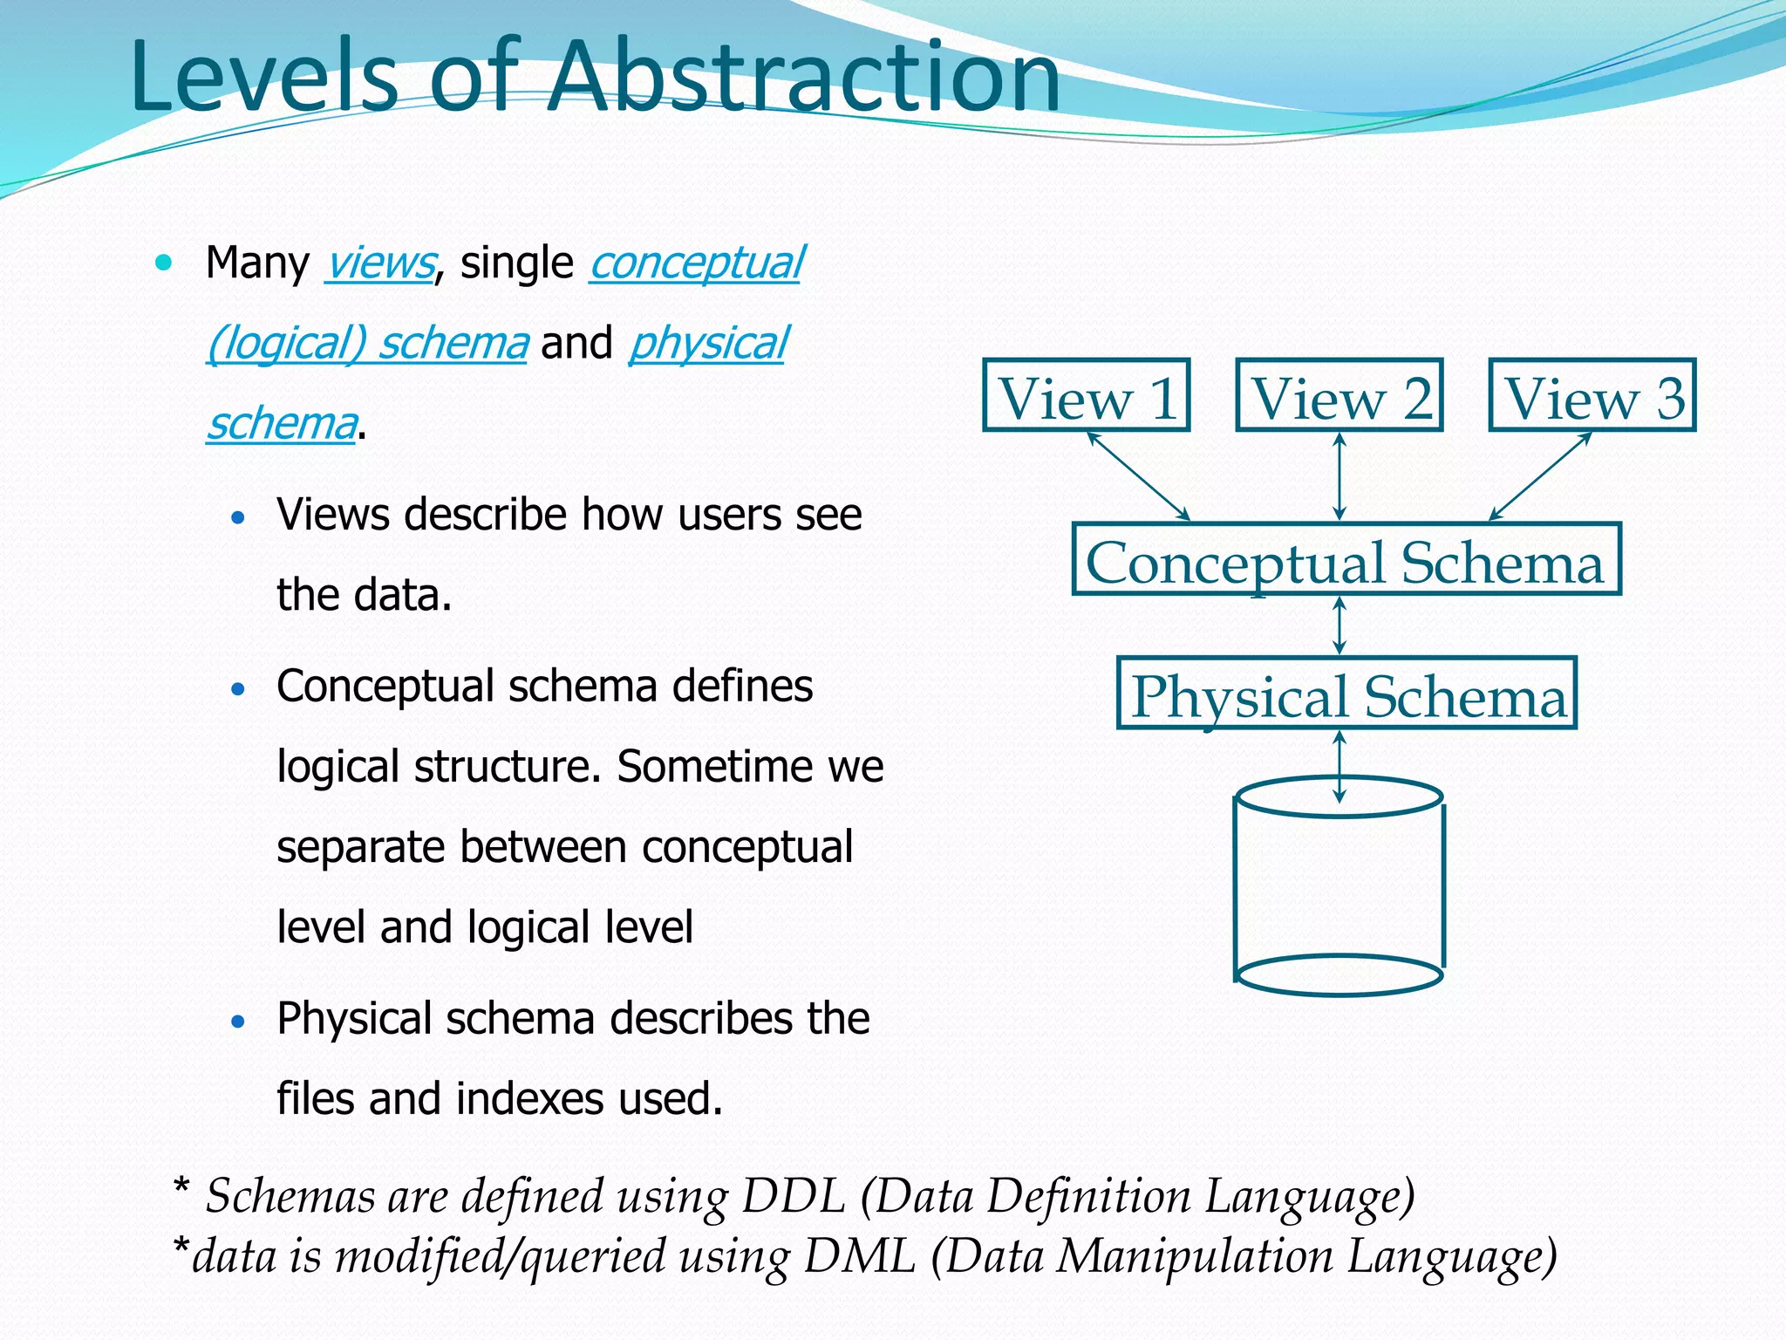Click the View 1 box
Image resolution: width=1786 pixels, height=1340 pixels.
(x=1086, y=395)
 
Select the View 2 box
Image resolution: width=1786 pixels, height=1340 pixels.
(x=1339, y=395)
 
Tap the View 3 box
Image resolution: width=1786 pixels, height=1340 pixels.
(x=1592, y=395)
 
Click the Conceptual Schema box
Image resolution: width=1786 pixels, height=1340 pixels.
(x=1346, y=560)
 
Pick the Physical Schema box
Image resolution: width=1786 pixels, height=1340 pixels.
(x=1346, y=694)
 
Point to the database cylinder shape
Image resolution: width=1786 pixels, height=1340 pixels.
(x=1339, y=890)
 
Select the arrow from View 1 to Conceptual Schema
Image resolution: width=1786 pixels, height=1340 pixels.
(x=1138, y=476)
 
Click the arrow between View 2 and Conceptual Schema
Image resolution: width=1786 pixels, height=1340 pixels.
(x=1339, y=477)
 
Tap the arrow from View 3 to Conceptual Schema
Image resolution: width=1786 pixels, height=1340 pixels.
(x=1540, y=476)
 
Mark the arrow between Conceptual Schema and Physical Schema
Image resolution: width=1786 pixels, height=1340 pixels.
(x=1339, y=626)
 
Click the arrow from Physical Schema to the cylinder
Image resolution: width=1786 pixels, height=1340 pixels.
(x=1339, y=766)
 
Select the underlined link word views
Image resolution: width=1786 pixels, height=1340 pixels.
(x=380, y=263)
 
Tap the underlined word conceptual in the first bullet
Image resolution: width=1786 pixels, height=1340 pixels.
(x=696, y=263)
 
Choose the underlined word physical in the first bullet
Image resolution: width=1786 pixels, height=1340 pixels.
(x=708, y=343)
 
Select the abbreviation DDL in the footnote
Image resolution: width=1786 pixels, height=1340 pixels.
(x=793, y=1195)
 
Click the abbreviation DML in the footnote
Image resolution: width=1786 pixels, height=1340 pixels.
(x=859, y=1256)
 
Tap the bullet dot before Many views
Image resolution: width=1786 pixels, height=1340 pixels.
(x=163, y=262)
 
